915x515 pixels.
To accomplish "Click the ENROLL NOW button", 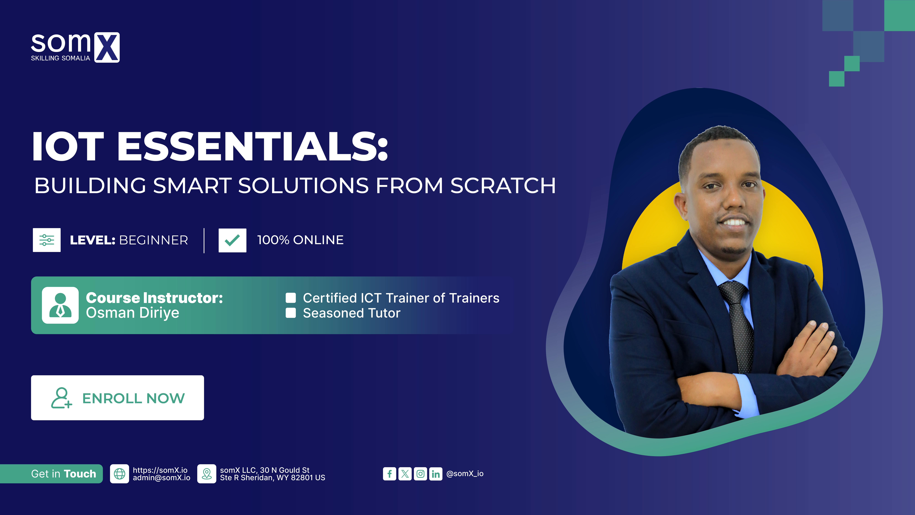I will tap(117, 398).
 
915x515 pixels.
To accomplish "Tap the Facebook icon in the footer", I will tap(389, 474).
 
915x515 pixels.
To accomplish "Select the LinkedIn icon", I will tap(435, 474).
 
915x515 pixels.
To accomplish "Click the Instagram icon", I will tap(420, 474).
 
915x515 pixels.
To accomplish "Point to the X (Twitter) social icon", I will tap(405, 474).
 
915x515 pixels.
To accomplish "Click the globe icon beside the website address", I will tap(119, 474).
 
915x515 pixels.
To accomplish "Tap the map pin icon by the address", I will tap(206, 474).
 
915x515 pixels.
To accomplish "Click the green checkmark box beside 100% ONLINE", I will tap(232, 240).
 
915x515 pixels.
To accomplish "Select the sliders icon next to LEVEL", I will tap(47, 240).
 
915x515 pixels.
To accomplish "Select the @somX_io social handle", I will tap(465, 474).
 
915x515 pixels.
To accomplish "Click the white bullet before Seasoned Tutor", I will tap(291, 313).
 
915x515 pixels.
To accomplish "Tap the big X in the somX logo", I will tap(107, 47).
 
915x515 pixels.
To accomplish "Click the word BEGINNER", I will tap(153, 240).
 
